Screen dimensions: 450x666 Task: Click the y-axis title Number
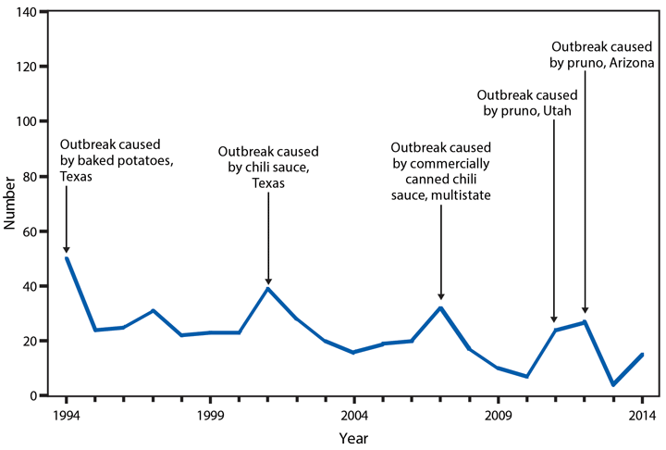click(x=12, y=204)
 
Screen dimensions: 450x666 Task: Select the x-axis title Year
click(x=354, y=436)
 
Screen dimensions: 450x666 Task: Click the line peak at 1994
click(x=67, y=258)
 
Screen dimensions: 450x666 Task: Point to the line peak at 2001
click(x=268, y=289)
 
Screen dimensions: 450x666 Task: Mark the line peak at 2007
click(x=441, y=307)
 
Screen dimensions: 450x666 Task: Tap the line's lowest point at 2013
click(x=614, y=385)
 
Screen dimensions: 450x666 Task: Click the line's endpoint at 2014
click(x=643, y=355)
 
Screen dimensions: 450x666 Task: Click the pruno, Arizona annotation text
click(x=602, y=54)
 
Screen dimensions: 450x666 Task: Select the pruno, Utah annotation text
click(x=527, y=103)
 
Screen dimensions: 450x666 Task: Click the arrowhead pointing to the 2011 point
click(x=554, y=319)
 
